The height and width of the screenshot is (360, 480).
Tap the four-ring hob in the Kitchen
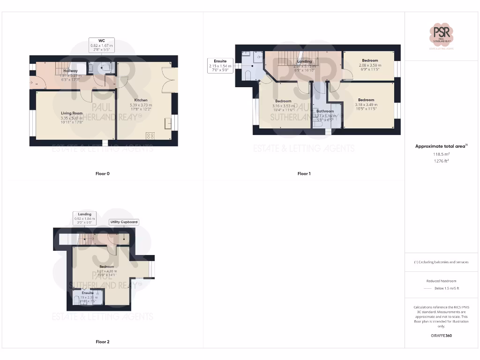tap(151, 136)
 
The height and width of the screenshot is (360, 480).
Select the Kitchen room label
tap(141, 100)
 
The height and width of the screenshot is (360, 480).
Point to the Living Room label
tap(71, 113)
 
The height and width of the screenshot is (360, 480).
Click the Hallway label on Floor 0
tap(71, 71)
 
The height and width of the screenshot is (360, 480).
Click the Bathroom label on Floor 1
tap(325, 111)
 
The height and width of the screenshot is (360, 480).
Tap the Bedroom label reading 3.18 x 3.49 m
tap(366, 100)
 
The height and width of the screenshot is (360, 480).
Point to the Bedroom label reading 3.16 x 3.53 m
tap(283, 101)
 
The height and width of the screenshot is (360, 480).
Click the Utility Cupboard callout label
tap(124, 222)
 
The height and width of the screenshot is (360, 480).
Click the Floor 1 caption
tap(304, 174)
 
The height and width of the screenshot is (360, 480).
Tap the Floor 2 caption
tap(102, 342)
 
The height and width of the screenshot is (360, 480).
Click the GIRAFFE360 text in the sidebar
tap(442, 336)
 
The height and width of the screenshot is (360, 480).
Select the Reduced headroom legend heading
tap(442, 281)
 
